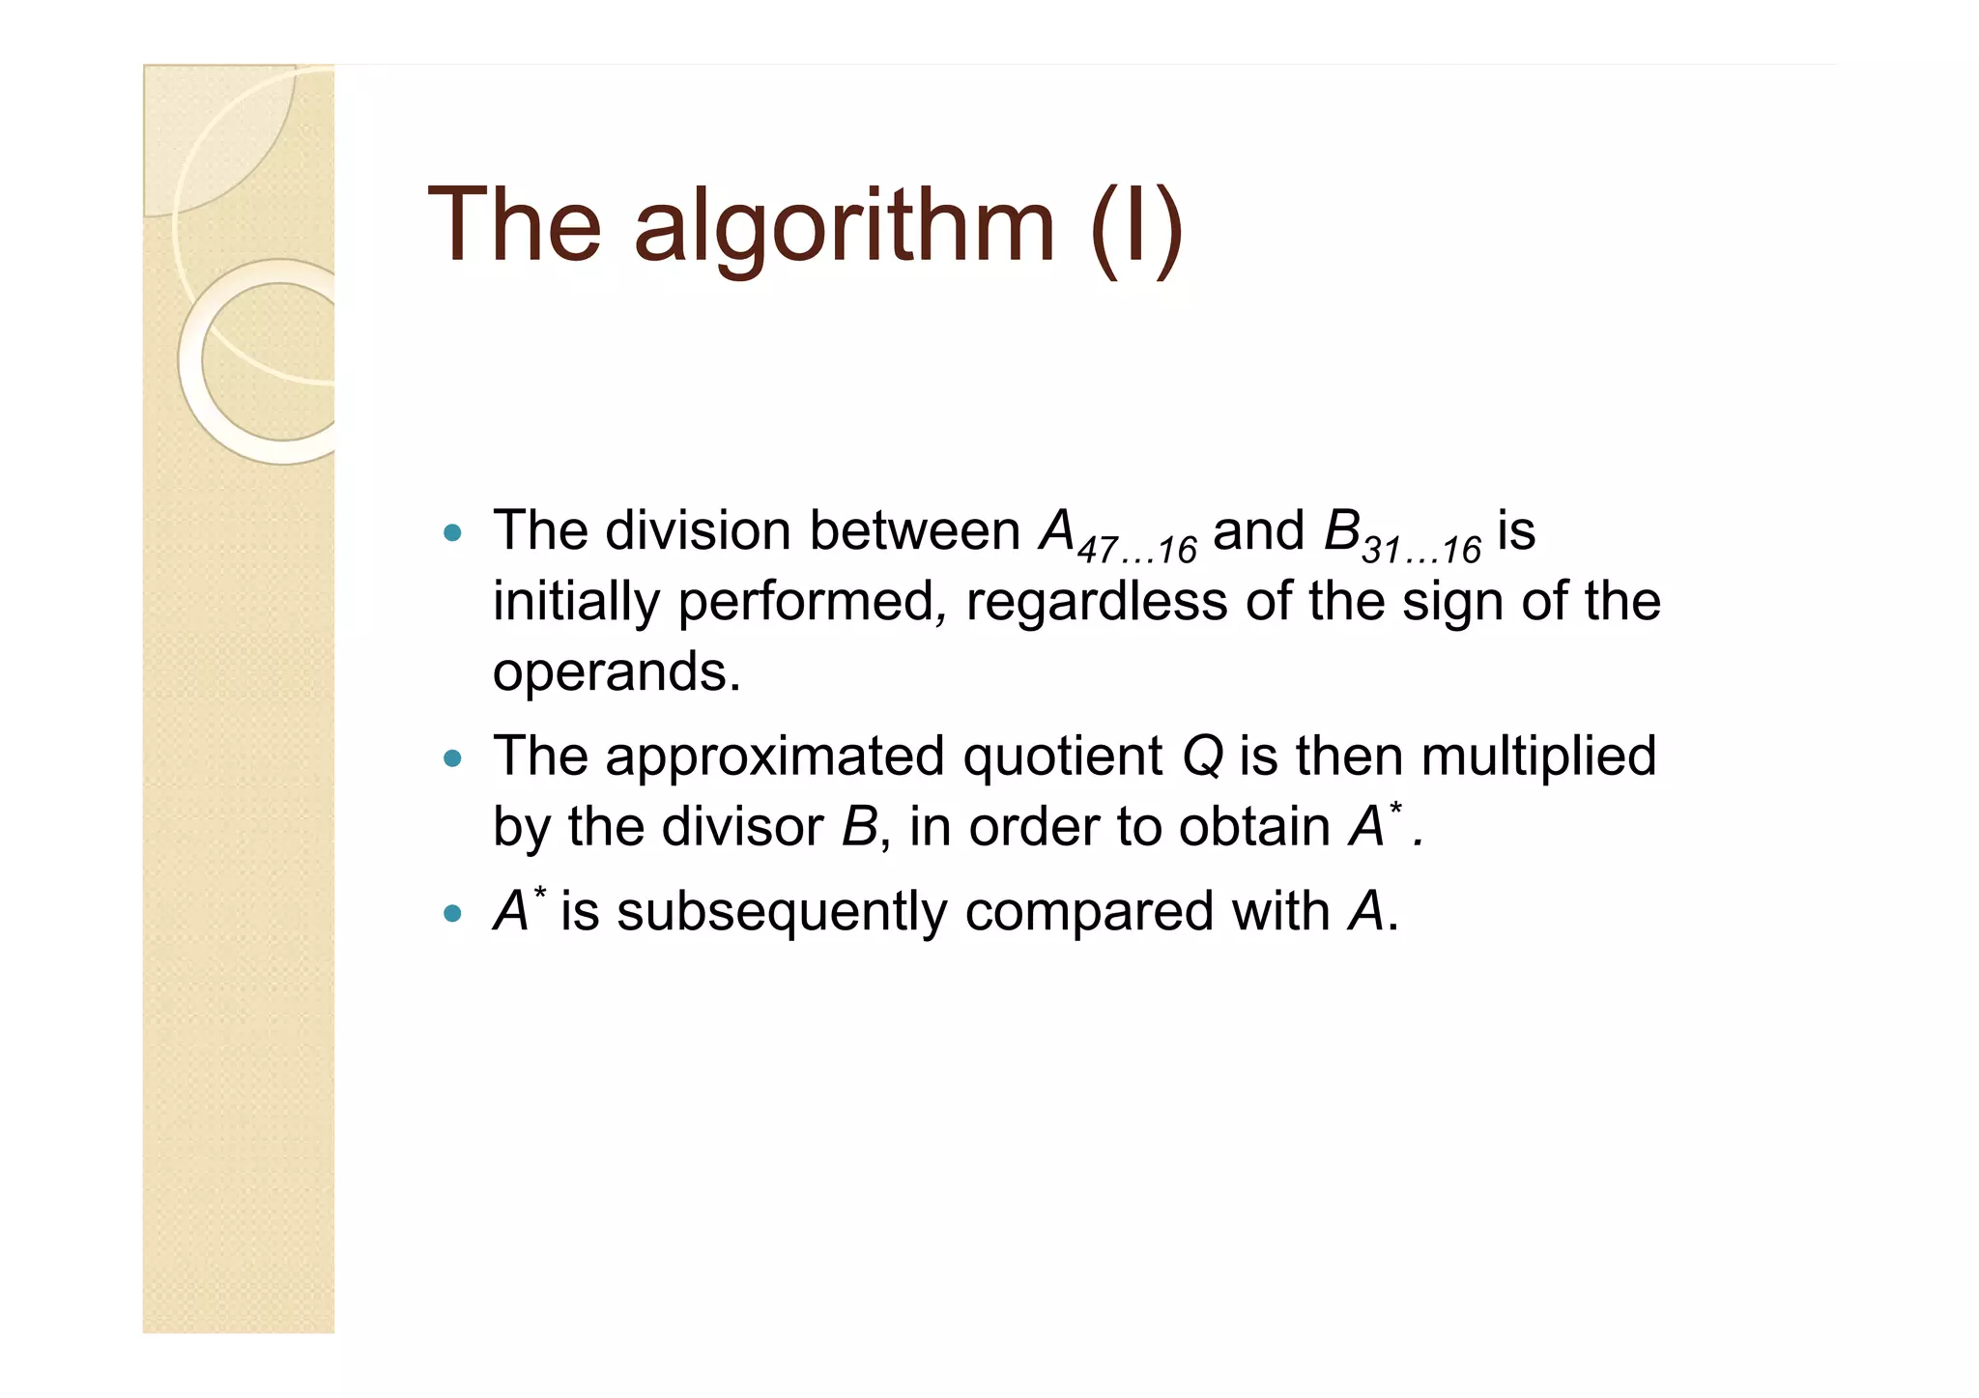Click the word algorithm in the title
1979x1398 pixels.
click(844, 228)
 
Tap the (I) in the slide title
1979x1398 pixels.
click(1136, 228)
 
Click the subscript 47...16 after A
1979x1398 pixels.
click(1136, 551)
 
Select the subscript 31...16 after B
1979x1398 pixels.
click(1420, 551)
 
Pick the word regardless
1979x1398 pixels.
click(1097, 601)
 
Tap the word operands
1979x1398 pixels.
click(616, 672)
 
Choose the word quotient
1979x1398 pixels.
click(1062, 756)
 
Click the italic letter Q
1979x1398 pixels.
click(1203, 756)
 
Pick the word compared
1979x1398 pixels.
click(1088, 912)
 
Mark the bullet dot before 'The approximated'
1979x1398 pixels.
click(452, 758)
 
